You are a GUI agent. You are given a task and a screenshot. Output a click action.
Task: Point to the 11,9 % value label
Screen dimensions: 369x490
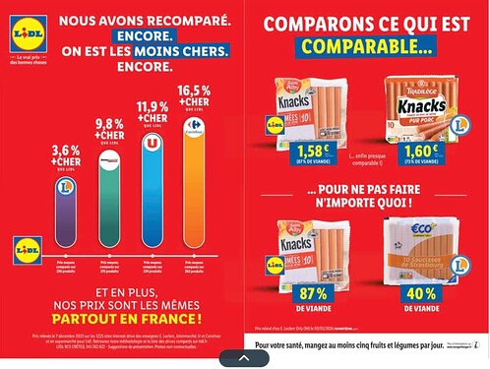[x=152, y=107]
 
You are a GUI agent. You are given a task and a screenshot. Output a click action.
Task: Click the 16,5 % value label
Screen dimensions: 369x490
[x=193, y=91]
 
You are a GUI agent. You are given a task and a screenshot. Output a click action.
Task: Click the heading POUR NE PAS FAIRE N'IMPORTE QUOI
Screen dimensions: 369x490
[x=366, y=198]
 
